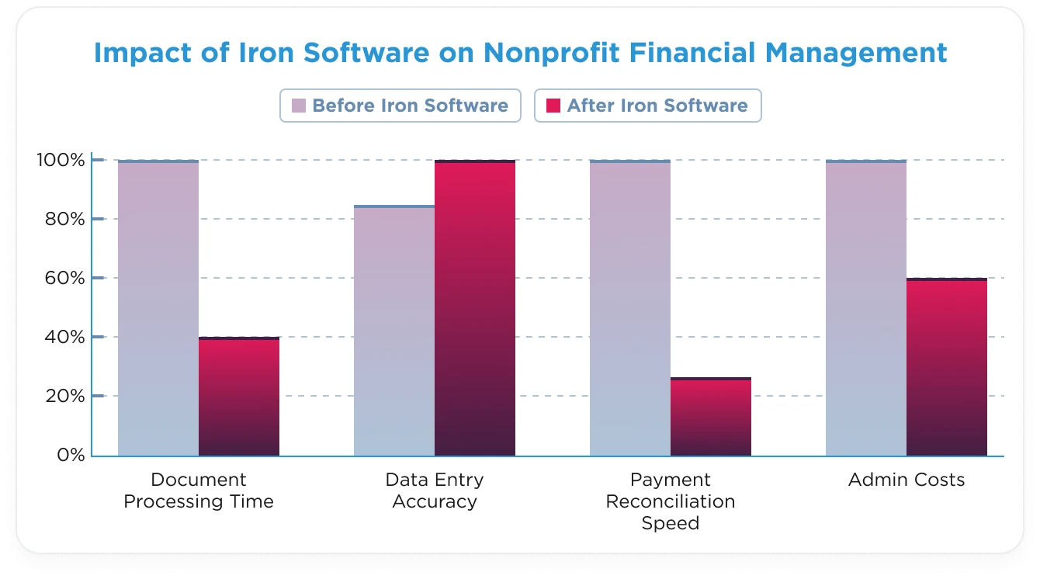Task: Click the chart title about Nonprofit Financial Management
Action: (x=520, y=53)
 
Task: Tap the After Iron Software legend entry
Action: (x=647, y=106)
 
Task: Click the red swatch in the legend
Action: (x=553, y=106)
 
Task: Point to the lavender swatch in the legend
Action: (x=298, y=106)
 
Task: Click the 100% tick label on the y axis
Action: (x=61, y=161)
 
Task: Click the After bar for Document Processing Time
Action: (x=239, y=397)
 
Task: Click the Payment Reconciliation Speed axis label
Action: (x=671, y=501)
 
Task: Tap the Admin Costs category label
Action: (x=907, y=480)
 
